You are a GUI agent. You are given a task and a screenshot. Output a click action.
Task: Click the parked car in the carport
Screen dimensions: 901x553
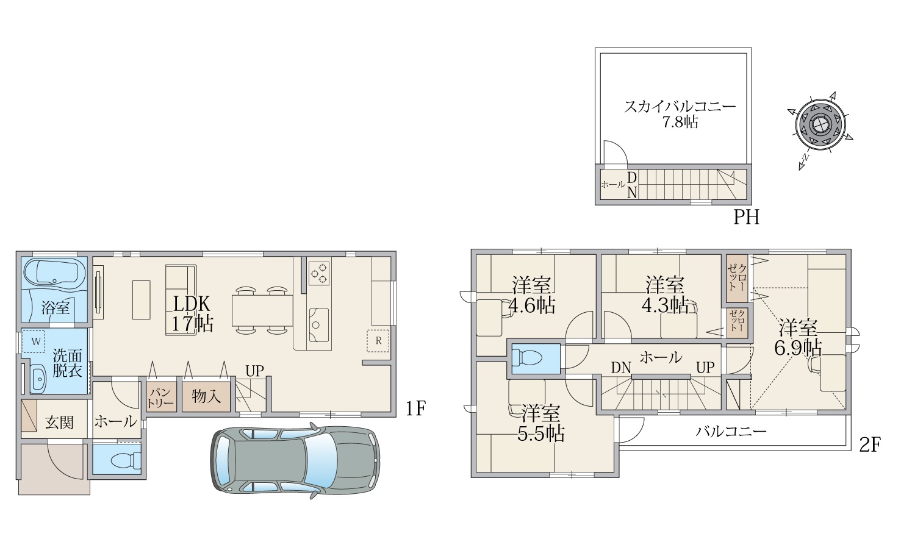(295, 460)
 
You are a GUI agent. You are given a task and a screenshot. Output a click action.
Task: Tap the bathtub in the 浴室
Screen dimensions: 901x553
(55, 273)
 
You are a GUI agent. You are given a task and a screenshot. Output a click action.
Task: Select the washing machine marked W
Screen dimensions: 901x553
(34, 341)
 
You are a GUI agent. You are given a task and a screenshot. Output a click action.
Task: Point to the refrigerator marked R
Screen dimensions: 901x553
(378, 341)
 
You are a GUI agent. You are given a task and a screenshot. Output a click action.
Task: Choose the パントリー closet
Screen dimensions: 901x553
(161, 396)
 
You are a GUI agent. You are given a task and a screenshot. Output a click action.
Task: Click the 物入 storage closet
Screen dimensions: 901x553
(206, 396)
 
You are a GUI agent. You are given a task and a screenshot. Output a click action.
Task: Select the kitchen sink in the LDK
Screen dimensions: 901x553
(318, 325)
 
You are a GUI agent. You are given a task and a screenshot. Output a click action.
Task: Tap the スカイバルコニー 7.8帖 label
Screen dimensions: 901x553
(680, 114)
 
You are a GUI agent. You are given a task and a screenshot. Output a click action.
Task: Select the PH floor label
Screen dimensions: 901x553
(747, 218)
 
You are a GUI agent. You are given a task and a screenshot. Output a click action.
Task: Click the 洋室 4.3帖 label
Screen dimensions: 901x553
(664, 295)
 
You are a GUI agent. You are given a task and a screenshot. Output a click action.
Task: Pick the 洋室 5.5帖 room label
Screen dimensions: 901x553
(540, 424)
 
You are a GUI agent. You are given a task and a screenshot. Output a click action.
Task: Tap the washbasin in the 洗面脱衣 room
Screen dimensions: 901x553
(39, 378)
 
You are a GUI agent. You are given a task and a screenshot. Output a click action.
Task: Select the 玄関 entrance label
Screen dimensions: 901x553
(59, 423)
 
